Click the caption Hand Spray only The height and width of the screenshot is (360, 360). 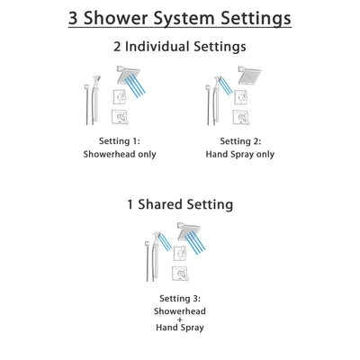(237, 154)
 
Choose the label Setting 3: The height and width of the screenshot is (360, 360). (181, 298)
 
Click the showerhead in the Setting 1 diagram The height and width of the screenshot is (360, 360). (121, 74)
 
